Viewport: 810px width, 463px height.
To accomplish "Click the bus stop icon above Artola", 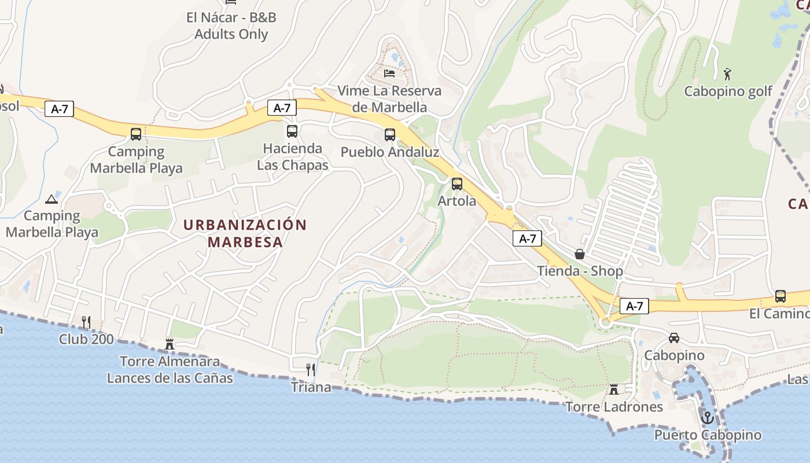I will coord(457,184).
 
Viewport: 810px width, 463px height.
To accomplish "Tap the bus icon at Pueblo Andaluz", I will coord(390,135).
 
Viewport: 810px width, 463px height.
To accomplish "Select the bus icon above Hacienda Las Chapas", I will coord(292,131).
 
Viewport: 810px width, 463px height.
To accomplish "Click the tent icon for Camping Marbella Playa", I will coord(51,199).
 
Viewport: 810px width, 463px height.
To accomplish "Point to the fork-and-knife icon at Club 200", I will coord(86,322).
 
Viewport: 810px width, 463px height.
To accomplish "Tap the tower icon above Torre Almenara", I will coord(170,344).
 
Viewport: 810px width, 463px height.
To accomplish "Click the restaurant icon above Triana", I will coord(311,369).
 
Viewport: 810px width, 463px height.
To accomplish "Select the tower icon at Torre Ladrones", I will coord(614,389).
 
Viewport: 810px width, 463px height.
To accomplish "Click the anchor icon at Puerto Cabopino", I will coord(707,417).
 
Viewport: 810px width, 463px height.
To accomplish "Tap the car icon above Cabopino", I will coord(674,337).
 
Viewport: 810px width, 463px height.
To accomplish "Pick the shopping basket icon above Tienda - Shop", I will coord(580,253).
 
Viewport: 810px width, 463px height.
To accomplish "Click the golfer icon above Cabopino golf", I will coord(728,74).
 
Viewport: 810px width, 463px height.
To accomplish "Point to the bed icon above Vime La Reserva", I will coord(389,74).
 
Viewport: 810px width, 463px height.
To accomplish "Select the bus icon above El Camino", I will coord(780,296).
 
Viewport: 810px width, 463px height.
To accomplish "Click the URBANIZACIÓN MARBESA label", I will coord(245,233).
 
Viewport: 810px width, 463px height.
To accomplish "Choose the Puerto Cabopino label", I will coord(708,435).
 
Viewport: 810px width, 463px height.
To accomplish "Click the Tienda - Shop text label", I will coord(580,271).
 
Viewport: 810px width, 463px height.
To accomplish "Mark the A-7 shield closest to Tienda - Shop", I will coord(527,238).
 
